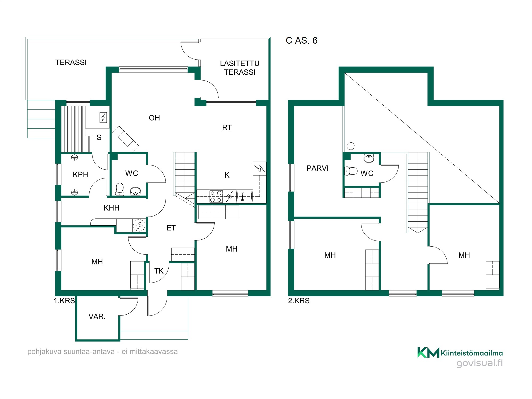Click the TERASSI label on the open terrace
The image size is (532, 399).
click(71, 63)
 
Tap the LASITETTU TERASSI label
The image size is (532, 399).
click(240, 68)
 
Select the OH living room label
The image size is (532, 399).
click(154, 118)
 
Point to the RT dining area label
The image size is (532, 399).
click(227, 128)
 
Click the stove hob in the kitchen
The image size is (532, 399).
click(216, 197)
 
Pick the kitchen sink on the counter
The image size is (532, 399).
click(244, 196)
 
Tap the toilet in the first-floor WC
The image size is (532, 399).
click(120, 189)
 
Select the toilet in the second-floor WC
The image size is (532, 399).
click(351, 171)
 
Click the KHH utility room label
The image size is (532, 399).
click(111, 208)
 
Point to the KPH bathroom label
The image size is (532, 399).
click(80, 174)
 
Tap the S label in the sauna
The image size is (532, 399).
click(99, 138)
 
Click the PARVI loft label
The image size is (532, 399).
click(317, 168)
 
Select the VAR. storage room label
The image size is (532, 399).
click(97, 317)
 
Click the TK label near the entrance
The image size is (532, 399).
click(159, 271)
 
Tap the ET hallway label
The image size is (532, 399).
click(171, 228)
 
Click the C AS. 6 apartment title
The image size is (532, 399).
click(302, 40)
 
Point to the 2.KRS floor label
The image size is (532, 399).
click(299, 301)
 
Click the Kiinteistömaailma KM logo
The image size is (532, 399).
click(460, 353)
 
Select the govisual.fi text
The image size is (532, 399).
click(480, 363)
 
